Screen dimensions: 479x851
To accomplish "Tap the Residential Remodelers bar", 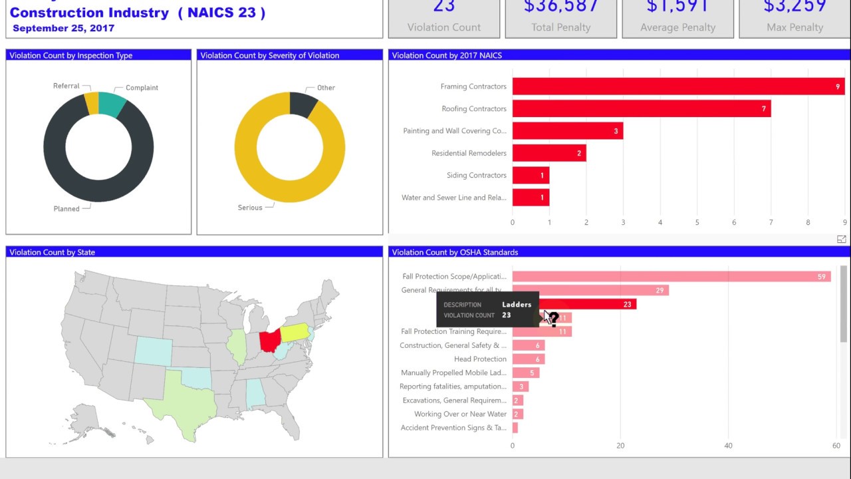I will click(548, 153).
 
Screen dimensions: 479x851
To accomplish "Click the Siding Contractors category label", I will click(476, 176).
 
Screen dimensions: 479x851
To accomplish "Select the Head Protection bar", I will click(528, 359).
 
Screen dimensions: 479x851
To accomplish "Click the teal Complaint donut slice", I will click(112, 104).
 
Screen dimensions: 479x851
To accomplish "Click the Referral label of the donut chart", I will click(66, 86).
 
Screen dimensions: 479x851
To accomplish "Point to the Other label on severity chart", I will click(326, 88).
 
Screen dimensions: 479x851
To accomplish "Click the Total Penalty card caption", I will click(560, 27).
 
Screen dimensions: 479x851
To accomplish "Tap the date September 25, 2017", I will click(63, 29).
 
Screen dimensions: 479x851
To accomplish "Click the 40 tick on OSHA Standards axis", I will click(728, 446).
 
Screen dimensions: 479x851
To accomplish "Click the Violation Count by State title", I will click(53, 252).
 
